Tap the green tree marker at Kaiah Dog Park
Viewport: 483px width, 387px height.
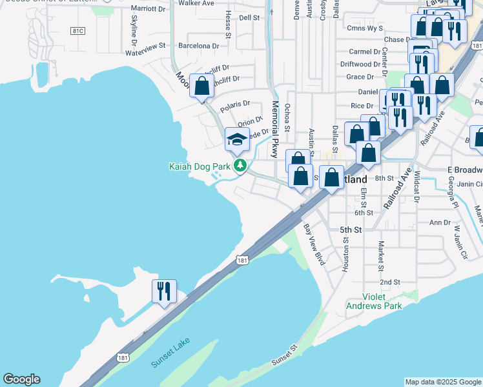[x=240, y=166]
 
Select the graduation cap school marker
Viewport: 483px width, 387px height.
[x=237, y=139]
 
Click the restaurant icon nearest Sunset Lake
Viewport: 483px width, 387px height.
[x=164, y=290]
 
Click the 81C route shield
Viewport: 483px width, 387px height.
[x=79, y=31]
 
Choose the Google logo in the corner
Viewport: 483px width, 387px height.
[x=21, y=379]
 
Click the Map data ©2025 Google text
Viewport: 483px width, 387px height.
[x=442, y=382]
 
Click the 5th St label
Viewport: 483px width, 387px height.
[x=350, y=230]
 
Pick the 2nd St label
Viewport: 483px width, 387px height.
[x=389, y=282]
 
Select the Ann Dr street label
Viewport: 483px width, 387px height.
[x=440, y=223]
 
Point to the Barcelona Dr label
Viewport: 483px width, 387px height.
[x=199, y=46]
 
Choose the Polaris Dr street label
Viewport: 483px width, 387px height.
[x=235, y=103]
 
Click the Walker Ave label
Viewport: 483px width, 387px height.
[x=196, y=3]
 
